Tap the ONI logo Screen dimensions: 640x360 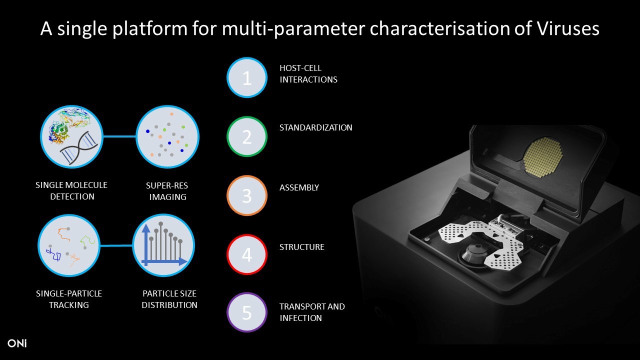coord(17,343)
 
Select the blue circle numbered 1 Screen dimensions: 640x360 coord(247,77)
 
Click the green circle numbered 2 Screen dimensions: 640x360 coord(247,136)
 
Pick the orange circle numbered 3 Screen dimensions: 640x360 coord(247,195)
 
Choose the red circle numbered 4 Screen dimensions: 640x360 coord(247,254)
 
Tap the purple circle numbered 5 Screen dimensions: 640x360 coord(247,312)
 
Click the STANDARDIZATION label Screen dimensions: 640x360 coord(315,127)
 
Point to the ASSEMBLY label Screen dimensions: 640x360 coord(299,187)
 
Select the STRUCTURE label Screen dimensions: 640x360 coord(301,247)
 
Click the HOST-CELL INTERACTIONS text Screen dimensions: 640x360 coord(308,73)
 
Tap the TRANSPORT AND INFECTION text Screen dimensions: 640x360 coord(312,312)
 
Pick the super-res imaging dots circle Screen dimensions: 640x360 coord(167,136)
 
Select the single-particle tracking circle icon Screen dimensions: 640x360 coord(69,245)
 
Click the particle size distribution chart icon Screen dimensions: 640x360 coord(163,245)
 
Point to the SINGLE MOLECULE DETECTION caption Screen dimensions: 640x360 coord(71,190)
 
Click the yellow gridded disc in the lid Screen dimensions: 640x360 coord(543,157)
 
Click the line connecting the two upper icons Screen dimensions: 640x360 coord(119,136)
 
